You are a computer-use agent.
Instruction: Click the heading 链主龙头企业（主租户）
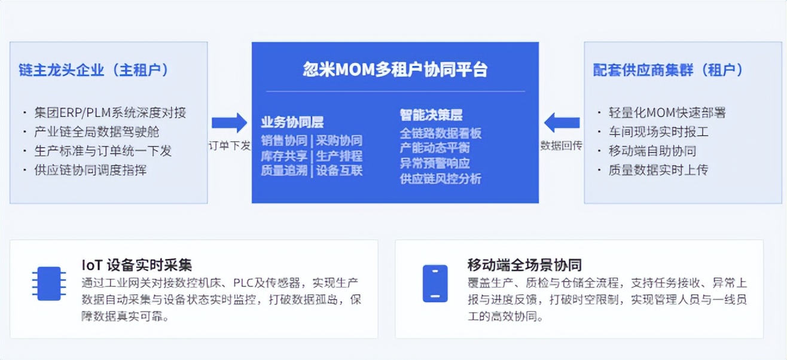tap(94, 70)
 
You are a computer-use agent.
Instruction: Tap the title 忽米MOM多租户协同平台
tap(395, 69)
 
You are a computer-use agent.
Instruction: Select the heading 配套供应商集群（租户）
tap(668, 70)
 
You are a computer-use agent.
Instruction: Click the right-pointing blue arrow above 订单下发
tap(230, 123)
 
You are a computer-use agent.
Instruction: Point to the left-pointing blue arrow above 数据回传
tap(562, 123)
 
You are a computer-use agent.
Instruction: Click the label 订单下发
tap(230, 145)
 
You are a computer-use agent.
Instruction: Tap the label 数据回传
tap(561, 145)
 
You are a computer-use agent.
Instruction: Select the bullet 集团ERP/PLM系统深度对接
tap(110, 113)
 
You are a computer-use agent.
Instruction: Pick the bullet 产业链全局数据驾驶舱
tap(97, 132)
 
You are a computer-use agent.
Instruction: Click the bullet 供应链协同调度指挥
tap(90, 170)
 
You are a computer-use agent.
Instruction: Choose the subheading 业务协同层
tap(292, 122)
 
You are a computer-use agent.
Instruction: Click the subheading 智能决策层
tap(431, 114)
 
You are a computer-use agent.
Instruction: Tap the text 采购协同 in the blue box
tap(339, 141)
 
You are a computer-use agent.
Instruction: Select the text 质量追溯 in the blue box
tap(284, 170)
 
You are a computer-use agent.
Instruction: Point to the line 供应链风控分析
tap(440, 179)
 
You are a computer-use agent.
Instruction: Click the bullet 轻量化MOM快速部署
tap(667, 113)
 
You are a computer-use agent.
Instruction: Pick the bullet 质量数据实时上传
tap(658, 170)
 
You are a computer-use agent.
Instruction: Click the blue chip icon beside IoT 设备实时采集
tap(49, 283)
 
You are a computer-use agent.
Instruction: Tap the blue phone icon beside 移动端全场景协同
tap(435, 283)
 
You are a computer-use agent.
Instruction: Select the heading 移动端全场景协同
tap(524, 265)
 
